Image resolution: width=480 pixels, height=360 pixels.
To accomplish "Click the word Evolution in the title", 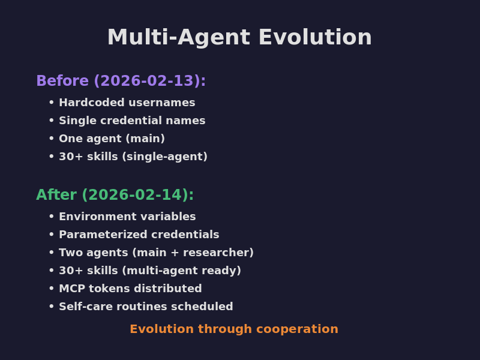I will point(315,38).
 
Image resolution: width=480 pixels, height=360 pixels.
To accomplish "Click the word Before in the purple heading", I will point(62,81).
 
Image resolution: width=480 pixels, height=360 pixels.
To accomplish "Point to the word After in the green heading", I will point(56,195).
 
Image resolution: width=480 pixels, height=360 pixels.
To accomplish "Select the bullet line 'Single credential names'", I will point(132,121).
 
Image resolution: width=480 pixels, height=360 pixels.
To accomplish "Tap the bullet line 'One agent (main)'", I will point(112,139).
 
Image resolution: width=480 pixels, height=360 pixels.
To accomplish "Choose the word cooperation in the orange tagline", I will point(303,329).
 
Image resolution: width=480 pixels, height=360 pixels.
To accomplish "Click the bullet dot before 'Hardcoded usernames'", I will point(52,103).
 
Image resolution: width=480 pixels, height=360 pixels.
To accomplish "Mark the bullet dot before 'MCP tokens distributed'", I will point(52,289).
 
